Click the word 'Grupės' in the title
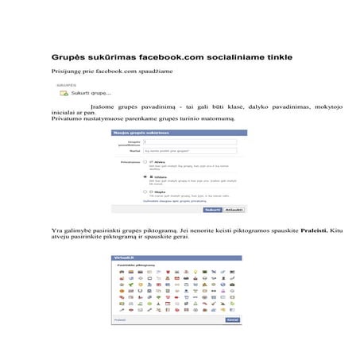point(68,57)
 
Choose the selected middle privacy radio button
point(145,176)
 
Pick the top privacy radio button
point(145,161)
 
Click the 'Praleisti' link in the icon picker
point(120,319)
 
